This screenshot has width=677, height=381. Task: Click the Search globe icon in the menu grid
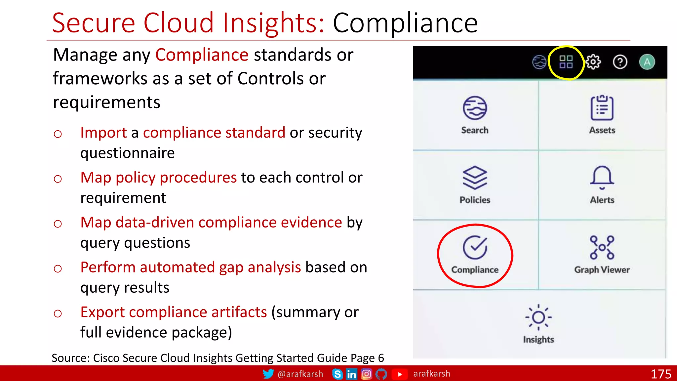(475, 108)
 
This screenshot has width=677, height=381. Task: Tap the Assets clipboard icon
(602, 108)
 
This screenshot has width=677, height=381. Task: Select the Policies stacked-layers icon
(475, 178)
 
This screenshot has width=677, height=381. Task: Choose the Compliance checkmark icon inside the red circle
(475, 247)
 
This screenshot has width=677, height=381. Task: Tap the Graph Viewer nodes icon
(602, 247)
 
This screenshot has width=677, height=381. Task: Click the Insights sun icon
(538, 317)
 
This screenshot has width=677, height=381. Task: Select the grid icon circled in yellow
(566, 62)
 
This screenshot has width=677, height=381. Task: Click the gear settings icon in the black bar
(593, 62)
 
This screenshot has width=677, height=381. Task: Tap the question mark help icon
(620, 62)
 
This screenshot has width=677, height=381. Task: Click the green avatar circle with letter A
(647, 62)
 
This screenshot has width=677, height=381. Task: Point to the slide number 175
(661, 374)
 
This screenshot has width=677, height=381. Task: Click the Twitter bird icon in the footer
(268, 374)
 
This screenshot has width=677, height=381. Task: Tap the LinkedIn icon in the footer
(351, 374)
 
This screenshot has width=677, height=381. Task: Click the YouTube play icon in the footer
(400, 374)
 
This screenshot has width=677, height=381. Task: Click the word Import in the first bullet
(103, 133)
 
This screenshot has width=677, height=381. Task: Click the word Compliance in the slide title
(405, 23)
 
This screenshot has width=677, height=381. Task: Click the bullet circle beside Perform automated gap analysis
(58, 269)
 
